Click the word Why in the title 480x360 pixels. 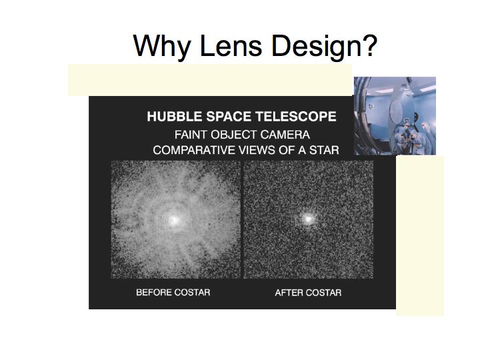click(161, 46)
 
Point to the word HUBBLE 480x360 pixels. click(175, 117)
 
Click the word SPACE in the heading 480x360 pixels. click(229, 117)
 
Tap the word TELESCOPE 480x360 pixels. click(296, 117)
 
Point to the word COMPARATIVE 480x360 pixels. click(194, 150)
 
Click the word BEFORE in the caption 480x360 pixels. click(154, 293)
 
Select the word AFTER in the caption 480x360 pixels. click(289, 293)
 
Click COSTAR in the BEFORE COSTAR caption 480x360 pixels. click(192, 293)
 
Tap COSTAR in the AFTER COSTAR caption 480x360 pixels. click(323, 293)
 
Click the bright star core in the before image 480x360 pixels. click(174, 219)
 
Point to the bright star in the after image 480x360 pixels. click(307, 219)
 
